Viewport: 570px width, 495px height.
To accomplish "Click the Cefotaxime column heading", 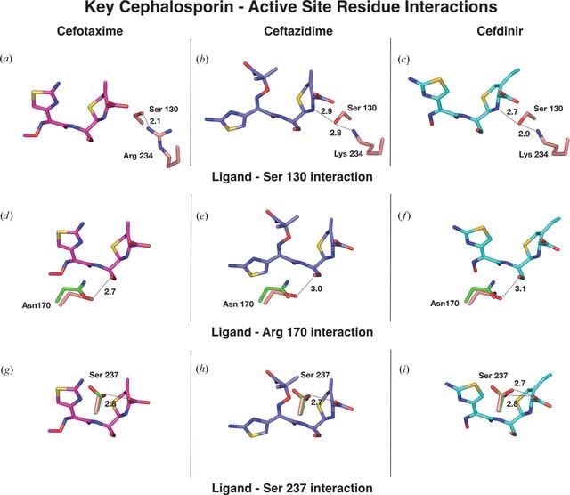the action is click(x=90, y=31).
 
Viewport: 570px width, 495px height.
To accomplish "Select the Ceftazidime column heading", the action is click(x=298, y=31).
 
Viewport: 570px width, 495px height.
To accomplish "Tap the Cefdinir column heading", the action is click(x=500, y=31).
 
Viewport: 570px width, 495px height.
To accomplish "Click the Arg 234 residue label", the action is click(x=138, y=156).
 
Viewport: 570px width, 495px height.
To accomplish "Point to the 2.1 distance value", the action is click(x=155, y=121).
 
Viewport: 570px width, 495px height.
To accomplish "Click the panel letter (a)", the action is click(x=6, y=59).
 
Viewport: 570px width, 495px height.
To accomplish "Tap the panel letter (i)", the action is click(x=403, y=369).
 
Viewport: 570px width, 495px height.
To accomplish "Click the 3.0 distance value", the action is click(x=316, y=289).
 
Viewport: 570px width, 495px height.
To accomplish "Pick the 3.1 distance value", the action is click(x=520, y=289).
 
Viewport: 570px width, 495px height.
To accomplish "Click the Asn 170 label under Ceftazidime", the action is click(x=238, y=304).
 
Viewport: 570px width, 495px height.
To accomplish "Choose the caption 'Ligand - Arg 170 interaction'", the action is click(x=292, y=332).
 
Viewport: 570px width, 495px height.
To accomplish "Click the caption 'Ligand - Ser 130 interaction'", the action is click(x=292, y=176).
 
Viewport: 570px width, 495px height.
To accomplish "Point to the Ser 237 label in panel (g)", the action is click(x=104, y=375).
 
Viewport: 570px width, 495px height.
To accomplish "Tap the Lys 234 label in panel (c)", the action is click(x=533, y=154).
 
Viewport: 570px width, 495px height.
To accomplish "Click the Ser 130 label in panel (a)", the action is click(x=164, y=109).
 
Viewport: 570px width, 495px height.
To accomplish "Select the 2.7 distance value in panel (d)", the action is click(x=110, y=291).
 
